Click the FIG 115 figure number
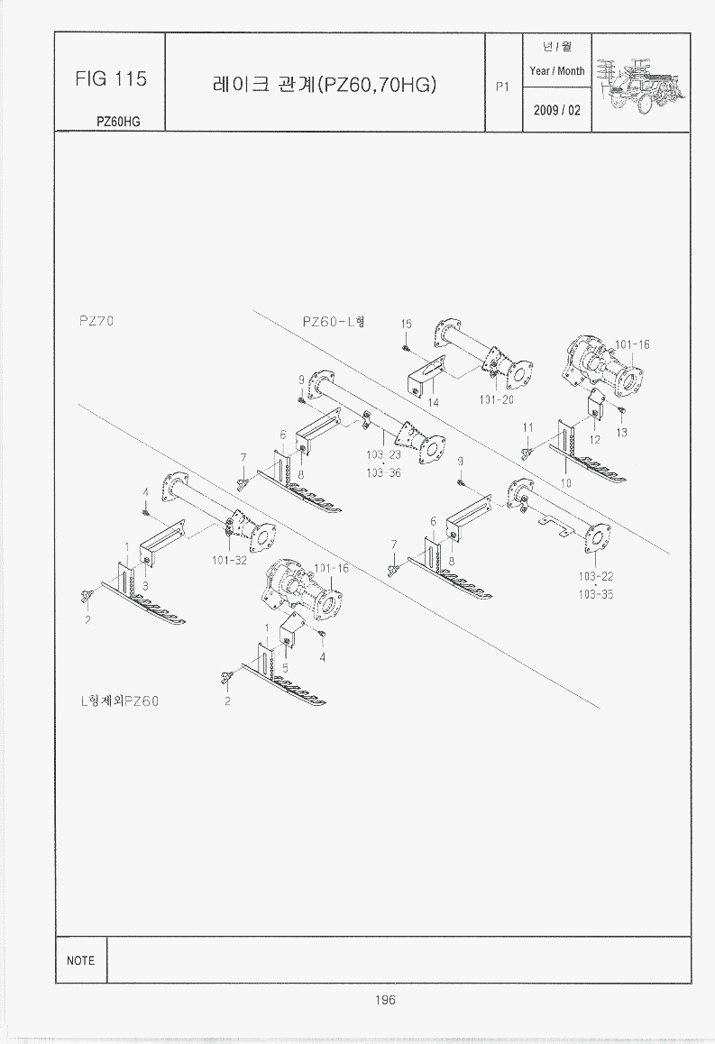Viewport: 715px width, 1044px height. tap(110, 79)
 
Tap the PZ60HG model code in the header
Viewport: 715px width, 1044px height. tap(118, 121)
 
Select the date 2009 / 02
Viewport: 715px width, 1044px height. tap(557, 110)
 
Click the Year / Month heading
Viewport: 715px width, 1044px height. tap(557, 70)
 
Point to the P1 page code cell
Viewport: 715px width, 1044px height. tap(502, 87)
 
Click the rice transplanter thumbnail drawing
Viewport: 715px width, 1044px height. tap(640, 82)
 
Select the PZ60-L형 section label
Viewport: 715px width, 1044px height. tap(333, 322)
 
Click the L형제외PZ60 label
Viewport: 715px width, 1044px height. tap(118, 701)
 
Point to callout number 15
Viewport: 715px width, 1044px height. tap(406, 324)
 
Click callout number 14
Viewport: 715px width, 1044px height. tap(434, 402)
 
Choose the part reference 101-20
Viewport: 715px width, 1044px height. tap(495, 399)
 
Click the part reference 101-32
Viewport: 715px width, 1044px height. tap(230, 560)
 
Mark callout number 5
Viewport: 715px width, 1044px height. tap(285, 667)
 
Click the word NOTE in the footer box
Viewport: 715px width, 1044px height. tap(80, 960)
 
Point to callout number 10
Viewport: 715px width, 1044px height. tap(566, 483)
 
